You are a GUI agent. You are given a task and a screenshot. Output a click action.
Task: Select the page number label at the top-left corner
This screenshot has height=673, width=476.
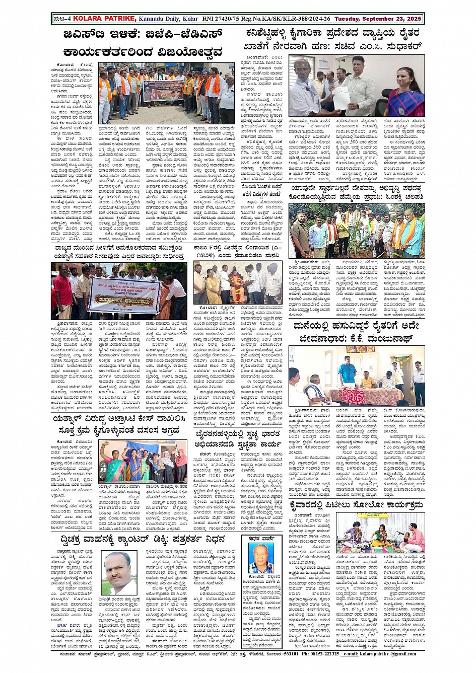62,19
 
